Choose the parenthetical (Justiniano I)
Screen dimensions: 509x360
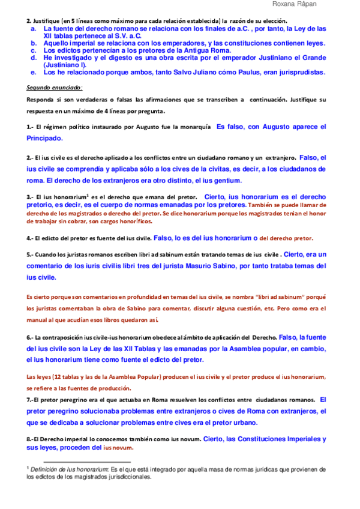(65, 65)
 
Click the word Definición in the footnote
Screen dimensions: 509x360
(46, 469)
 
